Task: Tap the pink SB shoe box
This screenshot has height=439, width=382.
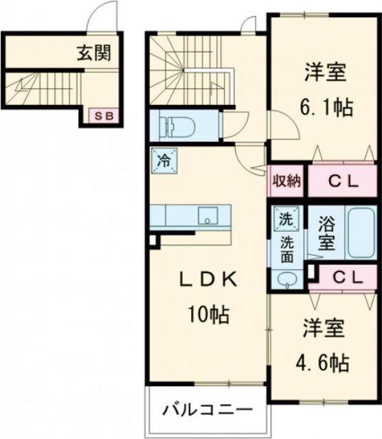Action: pos(104,116)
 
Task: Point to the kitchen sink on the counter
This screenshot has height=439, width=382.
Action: pos(206,217)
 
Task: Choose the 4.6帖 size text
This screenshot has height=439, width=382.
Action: pos(322,361)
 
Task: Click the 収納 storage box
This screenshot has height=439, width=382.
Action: pos(286,182)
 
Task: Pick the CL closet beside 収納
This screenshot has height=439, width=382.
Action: pos(341,182)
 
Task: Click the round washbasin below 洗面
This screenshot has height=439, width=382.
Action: pos(286,278)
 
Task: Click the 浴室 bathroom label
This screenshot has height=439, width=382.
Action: pos(326,233)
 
